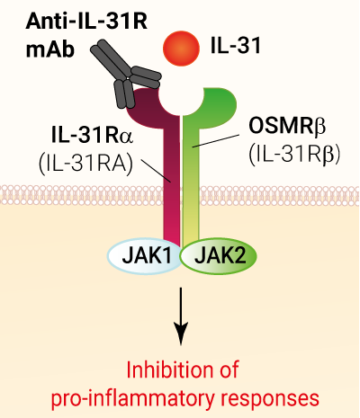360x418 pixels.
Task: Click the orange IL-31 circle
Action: coord(181,48)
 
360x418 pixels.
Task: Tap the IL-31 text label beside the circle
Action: coord(236,47)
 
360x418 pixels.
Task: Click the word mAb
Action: coord(49,49)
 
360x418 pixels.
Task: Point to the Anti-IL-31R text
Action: coord(86,22)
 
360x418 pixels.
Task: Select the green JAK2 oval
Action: coord(219,256)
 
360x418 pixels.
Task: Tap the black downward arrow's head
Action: coord(181,334)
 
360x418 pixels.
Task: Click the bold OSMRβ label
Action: coord(287,126)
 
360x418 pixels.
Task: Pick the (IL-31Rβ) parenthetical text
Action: coord(294,156)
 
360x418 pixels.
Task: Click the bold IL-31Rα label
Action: coord(92,136)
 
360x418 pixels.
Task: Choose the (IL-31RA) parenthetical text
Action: coord(85,164)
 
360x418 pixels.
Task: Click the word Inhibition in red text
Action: coord(167,369)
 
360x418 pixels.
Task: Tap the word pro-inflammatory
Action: coord(133,398)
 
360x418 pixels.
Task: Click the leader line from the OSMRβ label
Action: coord(216,141)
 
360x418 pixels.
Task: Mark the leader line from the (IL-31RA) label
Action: coord(156,171)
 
